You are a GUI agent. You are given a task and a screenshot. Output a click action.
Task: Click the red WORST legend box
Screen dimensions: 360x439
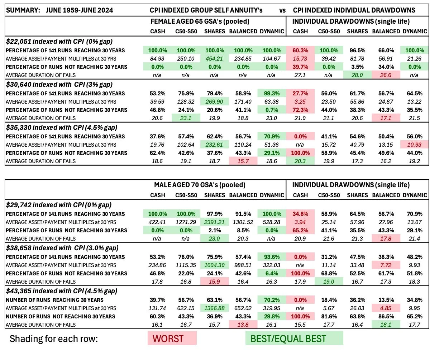[172, 338]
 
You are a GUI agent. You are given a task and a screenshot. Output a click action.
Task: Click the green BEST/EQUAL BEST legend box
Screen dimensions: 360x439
[294, 338]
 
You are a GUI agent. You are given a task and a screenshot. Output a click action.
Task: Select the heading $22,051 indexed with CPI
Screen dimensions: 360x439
[59, 41]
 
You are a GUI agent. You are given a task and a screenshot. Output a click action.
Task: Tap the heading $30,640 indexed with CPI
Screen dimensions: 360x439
[59, 84]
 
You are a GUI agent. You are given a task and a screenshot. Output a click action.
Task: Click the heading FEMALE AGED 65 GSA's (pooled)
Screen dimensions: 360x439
[200, 22]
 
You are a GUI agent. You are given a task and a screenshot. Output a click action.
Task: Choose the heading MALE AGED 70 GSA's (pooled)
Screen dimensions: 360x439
[200, 185]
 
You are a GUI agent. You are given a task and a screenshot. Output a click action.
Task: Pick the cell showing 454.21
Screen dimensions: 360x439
[214, 58]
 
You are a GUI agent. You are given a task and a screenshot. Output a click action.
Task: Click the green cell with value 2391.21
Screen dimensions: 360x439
[214, 222]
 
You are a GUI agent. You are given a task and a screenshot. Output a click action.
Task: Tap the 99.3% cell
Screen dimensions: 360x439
[272, 93]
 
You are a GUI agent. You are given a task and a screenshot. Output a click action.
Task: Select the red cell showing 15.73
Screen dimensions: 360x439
[300, 58]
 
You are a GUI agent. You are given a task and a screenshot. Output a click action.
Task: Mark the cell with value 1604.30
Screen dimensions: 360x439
[214, 265]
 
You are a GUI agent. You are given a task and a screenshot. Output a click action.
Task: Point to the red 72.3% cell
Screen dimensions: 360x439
[300, 110]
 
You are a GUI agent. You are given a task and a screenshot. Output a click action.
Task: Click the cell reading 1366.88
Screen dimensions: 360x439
[214, 308]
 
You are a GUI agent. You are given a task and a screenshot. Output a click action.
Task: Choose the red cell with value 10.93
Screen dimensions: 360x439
[415, 145]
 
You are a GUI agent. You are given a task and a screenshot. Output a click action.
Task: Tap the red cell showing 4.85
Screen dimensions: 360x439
[386, 308]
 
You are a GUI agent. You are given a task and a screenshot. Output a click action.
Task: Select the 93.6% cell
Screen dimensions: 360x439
[272, 257]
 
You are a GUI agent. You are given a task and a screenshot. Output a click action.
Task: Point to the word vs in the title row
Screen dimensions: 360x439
[282, 10]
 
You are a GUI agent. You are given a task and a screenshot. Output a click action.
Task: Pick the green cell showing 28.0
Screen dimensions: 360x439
[357, 75]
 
